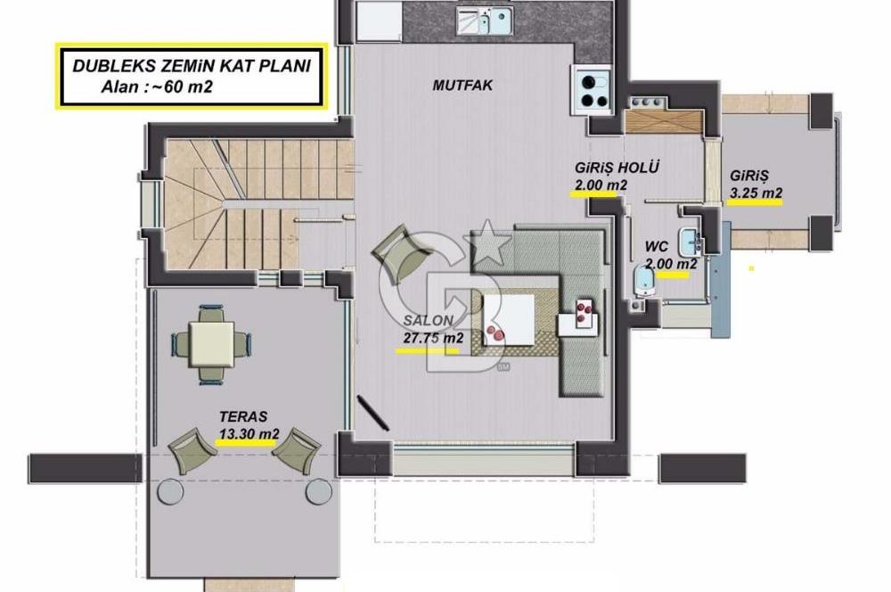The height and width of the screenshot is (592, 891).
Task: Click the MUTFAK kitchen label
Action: click(x=462, y=86)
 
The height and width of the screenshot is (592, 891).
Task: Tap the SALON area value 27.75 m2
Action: click(x=433, y=338)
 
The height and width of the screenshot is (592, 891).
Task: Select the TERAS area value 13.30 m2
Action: click(x=249, y=434)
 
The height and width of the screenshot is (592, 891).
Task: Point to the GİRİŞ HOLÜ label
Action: click(x=617, y=168)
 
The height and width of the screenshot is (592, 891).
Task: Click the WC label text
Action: click(x=657, y=247)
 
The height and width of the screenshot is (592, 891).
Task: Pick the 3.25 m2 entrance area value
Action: click(x=756, y=193)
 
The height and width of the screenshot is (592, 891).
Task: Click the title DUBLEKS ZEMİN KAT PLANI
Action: click(x=192, y=65)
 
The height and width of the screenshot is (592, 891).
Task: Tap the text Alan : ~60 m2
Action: click(x=157, y=87)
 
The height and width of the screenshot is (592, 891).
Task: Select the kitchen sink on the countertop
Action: click(x=485, y=21)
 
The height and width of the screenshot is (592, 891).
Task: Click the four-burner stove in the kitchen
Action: click(x=593, y=90)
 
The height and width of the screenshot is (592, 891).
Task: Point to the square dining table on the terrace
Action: click(x=211, y=345)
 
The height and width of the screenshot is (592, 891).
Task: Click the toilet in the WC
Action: click(x=644, y=281)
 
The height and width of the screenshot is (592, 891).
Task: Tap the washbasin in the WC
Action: click(x=690, y=241)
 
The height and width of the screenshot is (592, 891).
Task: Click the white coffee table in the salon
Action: click(x=509, y=319)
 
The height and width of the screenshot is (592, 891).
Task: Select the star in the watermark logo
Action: click(x=487, y=242)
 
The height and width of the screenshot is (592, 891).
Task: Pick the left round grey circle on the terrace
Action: click(x=170, y=491)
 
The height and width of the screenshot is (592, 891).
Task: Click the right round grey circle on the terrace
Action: click(x=319, y=491)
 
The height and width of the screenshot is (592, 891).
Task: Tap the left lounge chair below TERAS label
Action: click(x=192, y=450)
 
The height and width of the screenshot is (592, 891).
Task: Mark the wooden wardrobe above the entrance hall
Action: click(x=664, y=121)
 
